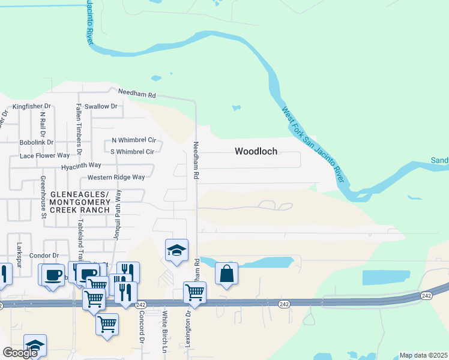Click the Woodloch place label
pos(256,151)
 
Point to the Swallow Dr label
pos(101,106)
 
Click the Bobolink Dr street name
pos(37,143)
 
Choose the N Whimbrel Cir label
pos(133,140)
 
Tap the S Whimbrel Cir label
pos(133,152)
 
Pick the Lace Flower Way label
pos(44,155)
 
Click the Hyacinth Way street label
pos(81,165)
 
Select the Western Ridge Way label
pos(116,177)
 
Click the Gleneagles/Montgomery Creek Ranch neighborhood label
pos(79,202)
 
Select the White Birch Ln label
pos(164,331)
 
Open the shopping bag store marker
pos(227,274)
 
